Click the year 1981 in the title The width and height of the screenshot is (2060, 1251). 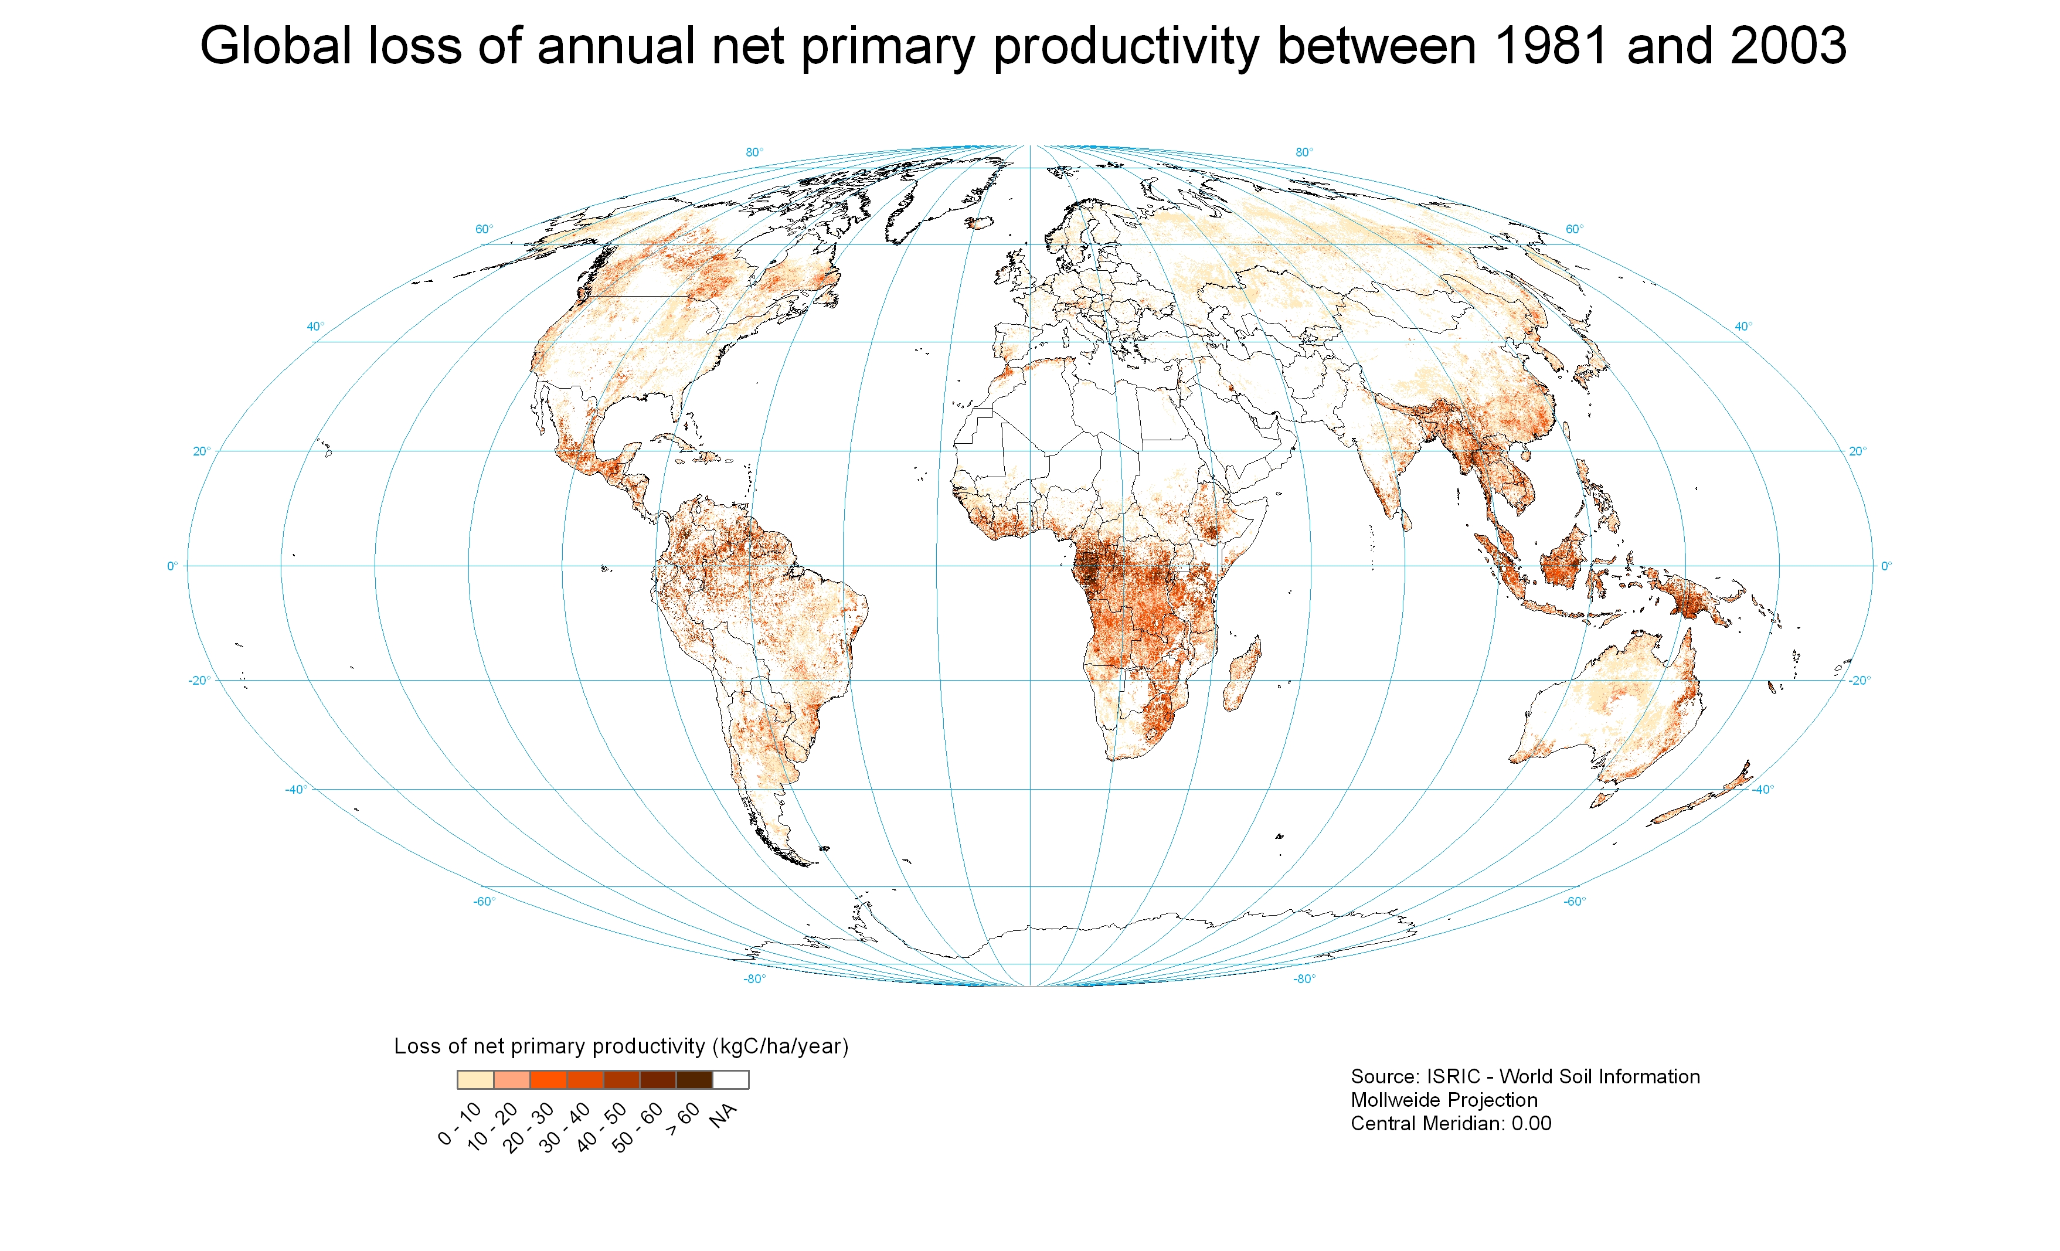(x=1550, y=45)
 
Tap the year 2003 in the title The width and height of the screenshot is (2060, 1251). (x=1789, y=45)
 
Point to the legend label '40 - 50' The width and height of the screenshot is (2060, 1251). (x=602, y=1127)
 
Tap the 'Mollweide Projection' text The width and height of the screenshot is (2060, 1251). (x=1444, y=1100)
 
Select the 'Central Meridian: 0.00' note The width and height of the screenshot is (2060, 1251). (x=1450, y=1123)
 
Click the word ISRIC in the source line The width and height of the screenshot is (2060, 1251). (x=1453, y=1076)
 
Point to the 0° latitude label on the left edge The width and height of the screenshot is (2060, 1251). (x=172, y=566)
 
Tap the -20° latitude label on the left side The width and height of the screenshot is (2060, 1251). (x=199, y=680)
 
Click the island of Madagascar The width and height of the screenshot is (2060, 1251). (x=1243, y=673)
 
